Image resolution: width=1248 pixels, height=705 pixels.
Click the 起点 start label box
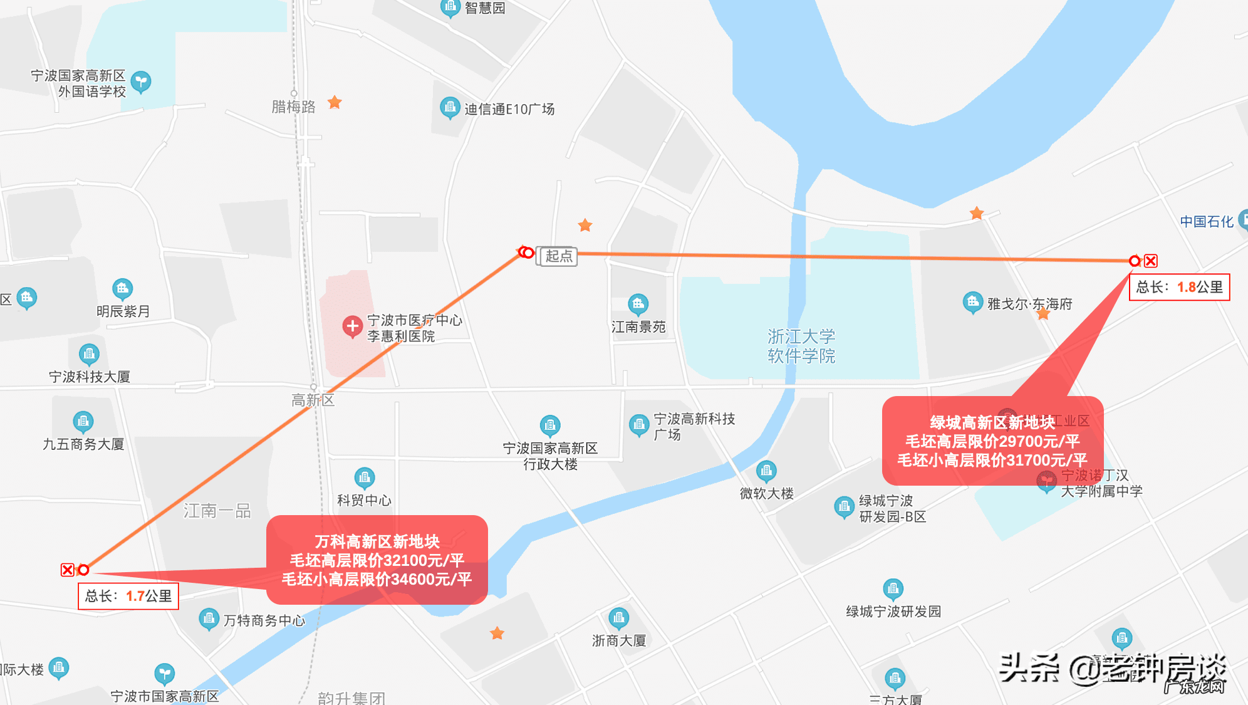[558, 256]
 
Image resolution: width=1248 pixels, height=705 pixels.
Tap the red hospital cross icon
[352, 326]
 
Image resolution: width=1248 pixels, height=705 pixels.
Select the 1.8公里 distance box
[1179, 287]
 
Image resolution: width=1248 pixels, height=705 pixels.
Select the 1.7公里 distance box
[128, 596]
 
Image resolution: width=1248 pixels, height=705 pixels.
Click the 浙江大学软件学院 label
[801, 346]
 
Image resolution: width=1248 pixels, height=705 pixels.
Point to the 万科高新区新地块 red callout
[377, 560]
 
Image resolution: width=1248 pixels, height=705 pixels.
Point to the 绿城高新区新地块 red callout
[992, 441]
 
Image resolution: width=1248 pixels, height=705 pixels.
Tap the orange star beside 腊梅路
[335, 102]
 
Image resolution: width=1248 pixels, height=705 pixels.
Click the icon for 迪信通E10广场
[449, 108]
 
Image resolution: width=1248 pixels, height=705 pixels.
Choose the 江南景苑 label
[638, 326]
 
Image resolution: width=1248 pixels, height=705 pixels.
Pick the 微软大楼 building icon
[766, 470]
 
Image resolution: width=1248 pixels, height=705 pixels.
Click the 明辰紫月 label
[123, 311]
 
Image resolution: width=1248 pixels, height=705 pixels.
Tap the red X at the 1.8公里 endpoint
[1151, 261]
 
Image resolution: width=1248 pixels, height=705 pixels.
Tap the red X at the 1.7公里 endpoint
[68, 570]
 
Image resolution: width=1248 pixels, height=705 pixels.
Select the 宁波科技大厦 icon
[89, 354]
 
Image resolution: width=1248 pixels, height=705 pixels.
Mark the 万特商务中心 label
[264, 620]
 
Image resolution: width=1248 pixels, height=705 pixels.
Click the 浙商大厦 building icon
[619, 619]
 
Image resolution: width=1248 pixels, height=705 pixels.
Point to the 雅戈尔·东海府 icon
[972, 303]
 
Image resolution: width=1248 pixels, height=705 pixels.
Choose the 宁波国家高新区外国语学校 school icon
[142, 81]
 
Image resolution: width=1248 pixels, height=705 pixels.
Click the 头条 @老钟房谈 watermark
[1112, 669]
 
